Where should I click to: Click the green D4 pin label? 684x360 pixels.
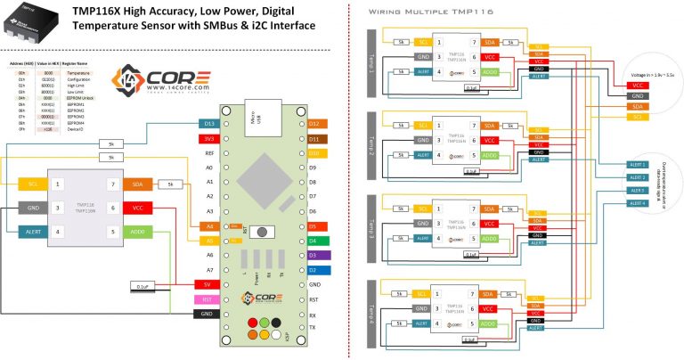pos(318,241)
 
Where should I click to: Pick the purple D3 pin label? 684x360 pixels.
pos(318,255)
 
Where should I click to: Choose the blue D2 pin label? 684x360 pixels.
pos(318,269)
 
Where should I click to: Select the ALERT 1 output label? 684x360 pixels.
pos(638,166)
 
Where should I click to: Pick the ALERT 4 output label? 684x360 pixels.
pos(638,203)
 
